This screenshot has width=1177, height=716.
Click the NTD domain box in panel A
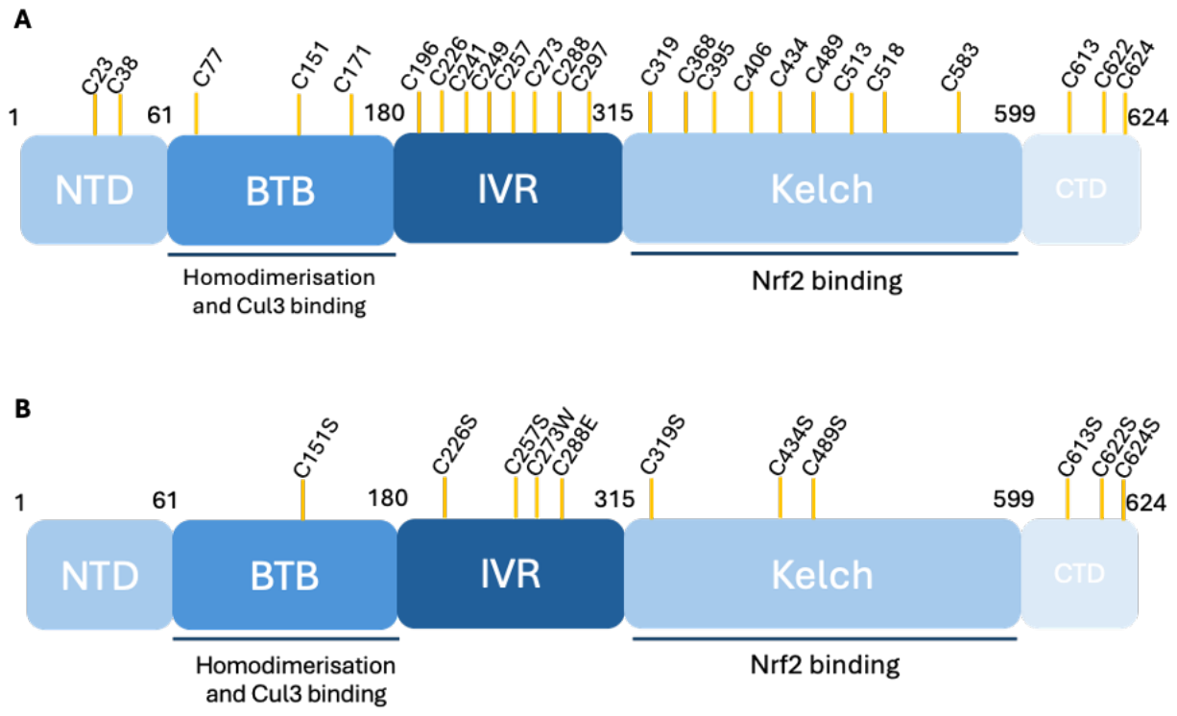[93, 190]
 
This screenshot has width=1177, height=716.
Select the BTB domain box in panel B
[283, 575]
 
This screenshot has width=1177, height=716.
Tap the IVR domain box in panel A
[508, 188]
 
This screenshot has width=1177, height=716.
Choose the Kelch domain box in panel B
[822, 574]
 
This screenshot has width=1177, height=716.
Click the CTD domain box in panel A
[1081, 189]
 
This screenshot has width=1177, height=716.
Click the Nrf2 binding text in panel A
[824, 281]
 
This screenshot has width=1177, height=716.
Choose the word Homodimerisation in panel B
[295, 665]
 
